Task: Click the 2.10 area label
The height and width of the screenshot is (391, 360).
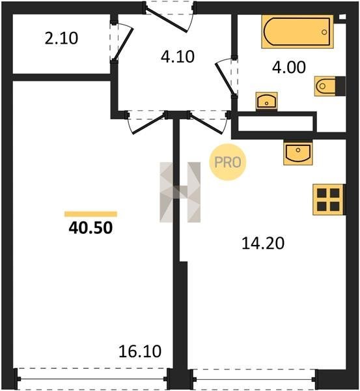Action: [61, 38]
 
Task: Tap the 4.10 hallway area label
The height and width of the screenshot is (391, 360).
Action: [178, 57]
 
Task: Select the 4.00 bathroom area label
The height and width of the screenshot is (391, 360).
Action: [289, 67]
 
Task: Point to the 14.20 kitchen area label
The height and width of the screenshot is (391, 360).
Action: [263, 243]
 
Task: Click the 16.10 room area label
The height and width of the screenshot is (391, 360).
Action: [140, 351]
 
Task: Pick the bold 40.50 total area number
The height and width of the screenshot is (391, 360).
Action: [90, 228]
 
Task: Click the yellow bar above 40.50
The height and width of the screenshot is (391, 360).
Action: [90, 214]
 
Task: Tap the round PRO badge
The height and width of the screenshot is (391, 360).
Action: [228, 162]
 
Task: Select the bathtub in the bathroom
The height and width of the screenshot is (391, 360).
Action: [298, 32]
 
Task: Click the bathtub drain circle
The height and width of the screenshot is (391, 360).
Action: [324, 32]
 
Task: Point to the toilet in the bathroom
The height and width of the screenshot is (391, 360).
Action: [330, 86]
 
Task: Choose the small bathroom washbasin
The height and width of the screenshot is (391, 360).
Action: [266, 101]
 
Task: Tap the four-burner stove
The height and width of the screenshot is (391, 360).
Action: [329, 199]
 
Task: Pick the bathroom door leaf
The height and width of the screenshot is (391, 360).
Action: [225, 79]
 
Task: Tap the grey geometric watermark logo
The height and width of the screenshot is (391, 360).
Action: [180, 192]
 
